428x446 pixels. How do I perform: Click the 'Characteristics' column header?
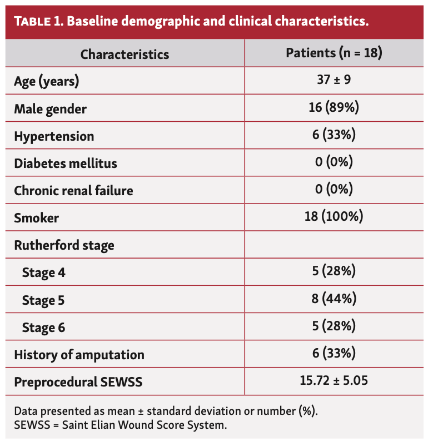[125, 54]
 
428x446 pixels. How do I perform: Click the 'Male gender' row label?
[51, 109]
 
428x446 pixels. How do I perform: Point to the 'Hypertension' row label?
[54, 136]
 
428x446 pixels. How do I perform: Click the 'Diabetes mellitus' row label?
[66, 163]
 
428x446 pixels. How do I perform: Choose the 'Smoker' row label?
[37, 218]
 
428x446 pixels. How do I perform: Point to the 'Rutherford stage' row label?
[64, 245]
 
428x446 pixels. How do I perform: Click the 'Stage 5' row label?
[43, 300]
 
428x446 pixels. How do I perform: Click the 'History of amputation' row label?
[79, 354]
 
